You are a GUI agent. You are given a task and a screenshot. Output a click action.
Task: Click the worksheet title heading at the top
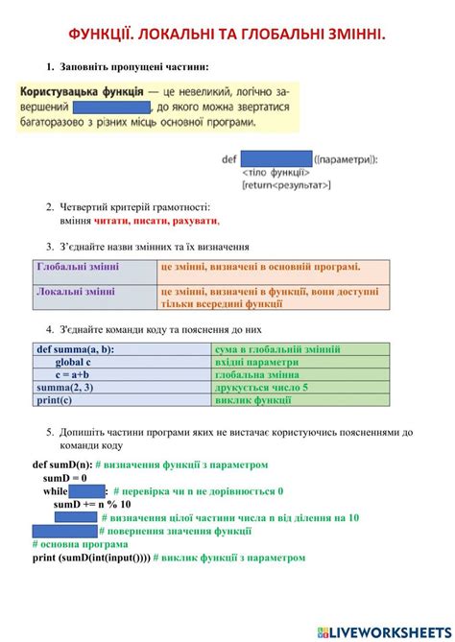point(227,35)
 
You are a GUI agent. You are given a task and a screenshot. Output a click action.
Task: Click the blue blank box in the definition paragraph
point(112,107)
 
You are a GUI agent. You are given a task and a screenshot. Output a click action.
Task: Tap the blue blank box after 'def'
point(276,159)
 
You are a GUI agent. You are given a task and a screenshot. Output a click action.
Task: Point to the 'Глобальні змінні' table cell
point(94,268)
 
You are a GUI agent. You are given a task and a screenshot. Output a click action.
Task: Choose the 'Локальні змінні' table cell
point(94,292)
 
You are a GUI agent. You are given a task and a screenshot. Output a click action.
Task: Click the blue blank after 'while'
point(87,491)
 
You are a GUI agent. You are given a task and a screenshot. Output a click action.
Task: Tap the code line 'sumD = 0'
point(64,478)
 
